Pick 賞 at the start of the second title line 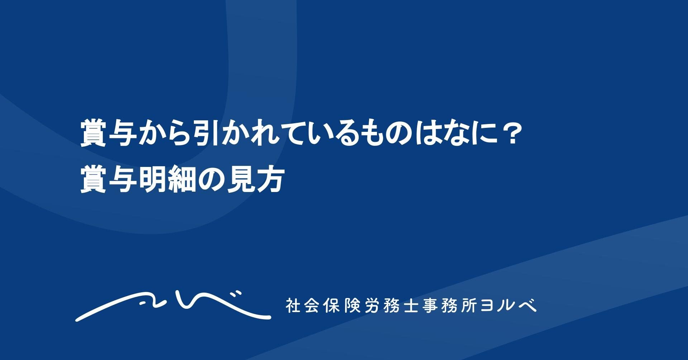[93, 181]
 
